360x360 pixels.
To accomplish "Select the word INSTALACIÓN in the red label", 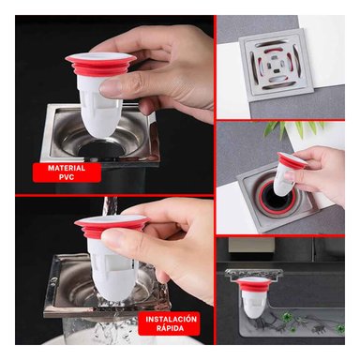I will click(x=172, y=320).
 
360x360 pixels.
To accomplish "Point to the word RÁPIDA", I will click(x=172, y=330).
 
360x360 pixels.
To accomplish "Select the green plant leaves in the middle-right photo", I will click(x=281, y=129).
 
